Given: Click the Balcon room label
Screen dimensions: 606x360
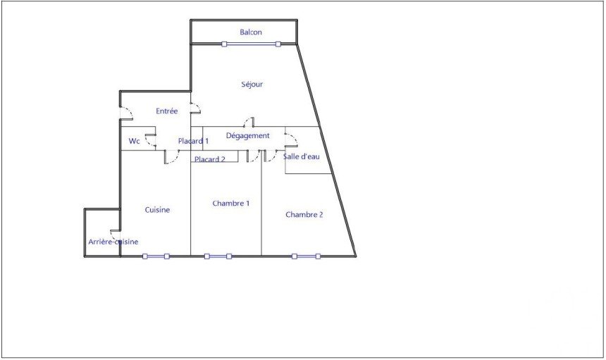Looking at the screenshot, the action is (250, 32).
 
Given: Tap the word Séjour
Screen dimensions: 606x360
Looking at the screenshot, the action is (252, 85).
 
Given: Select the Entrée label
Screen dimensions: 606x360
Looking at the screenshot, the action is (166, 111).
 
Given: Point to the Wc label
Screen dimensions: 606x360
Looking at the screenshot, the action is (134, 141).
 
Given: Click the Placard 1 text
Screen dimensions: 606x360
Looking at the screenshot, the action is (193, 141).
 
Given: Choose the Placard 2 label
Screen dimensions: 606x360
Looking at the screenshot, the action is (209, 159).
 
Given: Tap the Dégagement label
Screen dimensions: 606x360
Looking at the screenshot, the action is (248, 135).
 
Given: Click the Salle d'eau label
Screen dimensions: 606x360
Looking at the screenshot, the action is (302, 156).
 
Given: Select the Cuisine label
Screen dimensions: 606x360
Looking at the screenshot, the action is (157, 210).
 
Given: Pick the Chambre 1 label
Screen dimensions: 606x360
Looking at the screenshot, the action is (230, 203).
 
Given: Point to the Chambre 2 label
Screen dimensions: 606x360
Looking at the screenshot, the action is (304, 214).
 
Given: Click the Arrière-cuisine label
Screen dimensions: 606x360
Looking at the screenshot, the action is (113, 242).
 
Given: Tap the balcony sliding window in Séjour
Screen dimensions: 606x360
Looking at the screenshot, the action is (251, 44).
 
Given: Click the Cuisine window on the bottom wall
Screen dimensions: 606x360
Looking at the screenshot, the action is (156, 256).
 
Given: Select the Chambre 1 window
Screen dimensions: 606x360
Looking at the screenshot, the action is (218, 256).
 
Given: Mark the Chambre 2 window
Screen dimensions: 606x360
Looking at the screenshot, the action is (306, 256).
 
